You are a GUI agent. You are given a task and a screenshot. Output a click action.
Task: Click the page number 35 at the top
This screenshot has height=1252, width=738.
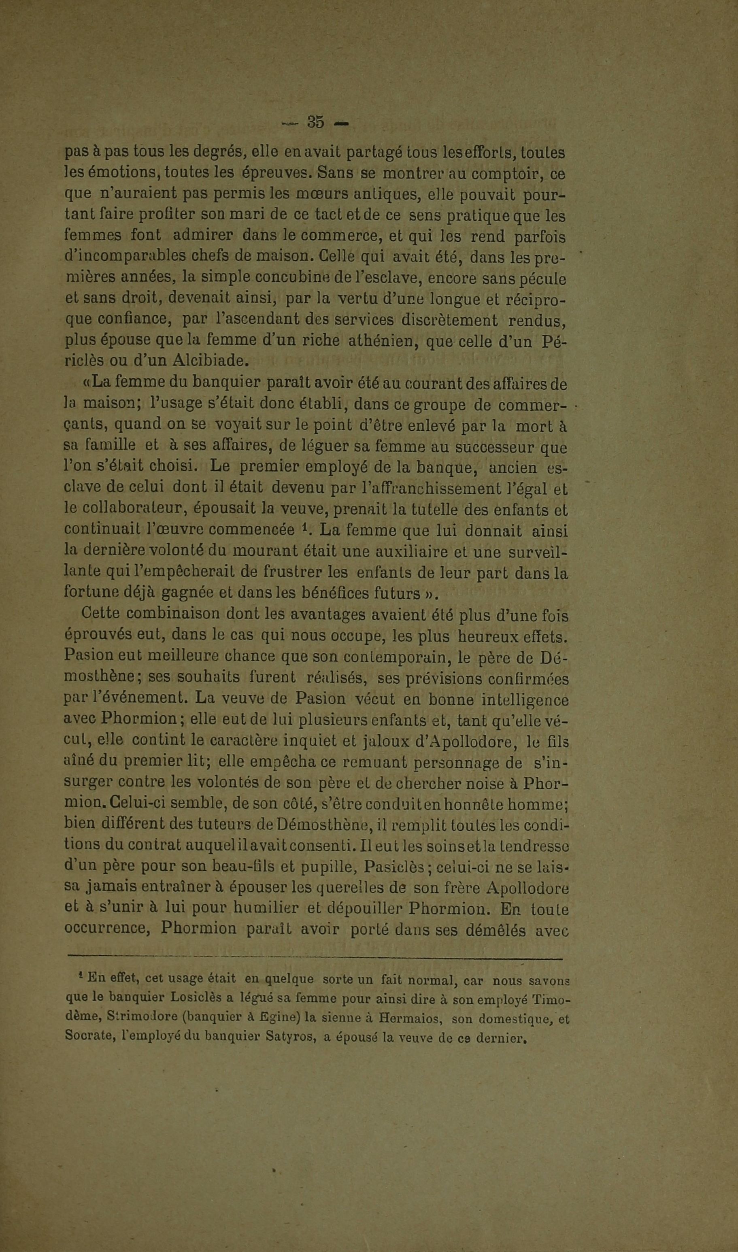(316, 122)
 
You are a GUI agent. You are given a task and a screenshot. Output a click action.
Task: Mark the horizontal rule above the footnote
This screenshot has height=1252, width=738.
(314, 958)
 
